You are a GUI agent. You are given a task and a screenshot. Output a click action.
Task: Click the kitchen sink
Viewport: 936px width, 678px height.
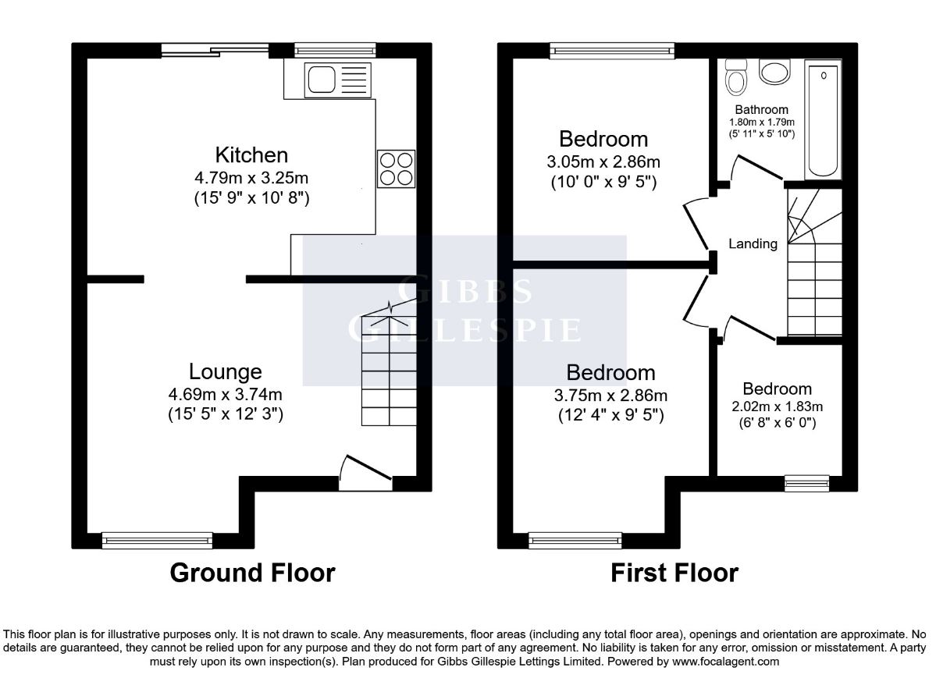(338, 80)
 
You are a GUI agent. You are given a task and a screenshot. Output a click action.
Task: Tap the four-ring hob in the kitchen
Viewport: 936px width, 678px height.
(397, 169)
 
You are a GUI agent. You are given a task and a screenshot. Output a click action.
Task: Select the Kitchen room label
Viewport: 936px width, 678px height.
(251, 155)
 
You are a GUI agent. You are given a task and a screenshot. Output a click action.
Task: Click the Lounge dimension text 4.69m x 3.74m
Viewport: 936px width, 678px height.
(225, 394)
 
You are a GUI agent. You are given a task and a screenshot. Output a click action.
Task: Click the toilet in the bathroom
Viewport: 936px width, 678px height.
(736, 77)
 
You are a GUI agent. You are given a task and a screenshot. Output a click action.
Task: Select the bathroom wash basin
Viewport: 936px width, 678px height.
(775, 72)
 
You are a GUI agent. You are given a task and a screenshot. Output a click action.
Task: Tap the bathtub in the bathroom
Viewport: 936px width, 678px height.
(823, 119)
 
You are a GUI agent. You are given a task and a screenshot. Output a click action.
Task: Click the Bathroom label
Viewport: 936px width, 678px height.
(761, 110)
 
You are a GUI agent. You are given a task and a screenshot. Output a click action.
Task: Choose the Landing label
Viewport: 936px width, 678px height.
(753, 243)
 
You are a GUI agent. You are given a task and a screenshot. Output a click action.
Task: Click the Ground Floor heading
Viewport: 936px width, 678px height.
(252, 573)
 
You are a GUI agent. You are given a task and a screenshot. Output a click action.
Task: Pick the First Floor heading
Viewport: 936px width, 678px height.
(674, 573)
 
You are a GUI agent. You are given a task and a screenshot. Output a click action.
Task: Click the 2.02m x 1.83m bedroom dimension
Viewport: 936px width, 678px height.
(778, 406)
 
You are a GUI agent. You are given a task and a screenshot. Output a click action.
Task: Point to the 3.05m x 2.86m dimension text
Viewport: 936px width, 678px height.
(603, 162)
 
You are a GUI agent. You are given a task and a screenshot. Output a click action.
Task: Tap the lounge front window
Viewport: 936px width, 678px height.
(158, 541)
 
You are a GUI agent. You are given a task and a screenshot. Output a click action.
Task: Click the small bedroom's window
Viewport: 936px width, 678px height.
(807, 483)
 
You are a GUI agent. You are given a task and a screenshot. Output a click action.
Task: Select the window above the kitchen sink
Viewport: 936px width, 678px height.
(335, 51)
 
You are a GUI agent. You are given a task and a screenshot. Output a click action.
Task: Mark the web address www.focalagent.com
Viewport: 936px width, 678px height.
(725, 662)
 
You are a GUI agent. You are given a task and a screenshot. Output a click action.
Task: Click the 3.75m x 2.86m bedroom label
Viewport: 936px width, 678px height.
(610, 395)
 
